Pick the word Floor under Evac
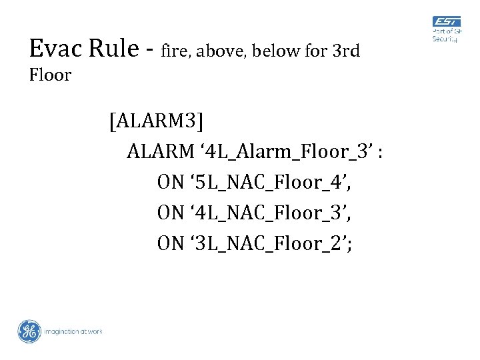coord(50,75)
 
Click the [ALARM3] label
coord(158,122)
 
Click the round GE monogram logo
coord(29,331)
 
